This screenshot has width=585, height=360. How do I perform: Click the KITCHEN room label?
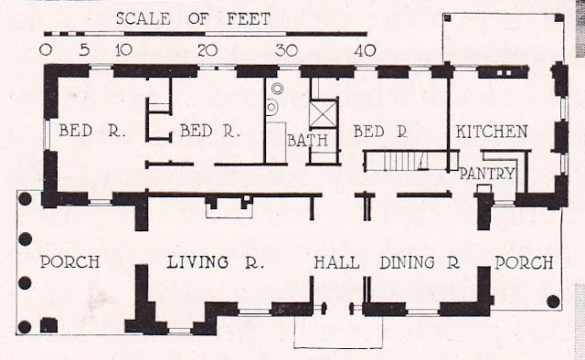[492, 132]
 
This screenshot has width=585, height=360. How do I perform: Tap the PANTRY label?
[487, 174]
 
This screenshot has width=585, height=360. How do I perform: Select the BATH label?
[308, 141]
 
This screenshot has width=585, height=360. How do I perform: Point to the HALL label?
[336, 262]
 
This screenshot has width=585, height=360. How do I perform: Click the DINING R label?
[420, 262]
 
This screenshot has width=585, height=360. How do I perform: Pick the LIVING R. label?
[216, 262]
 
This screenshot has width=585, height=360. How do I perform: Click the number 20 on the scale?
[207, 50]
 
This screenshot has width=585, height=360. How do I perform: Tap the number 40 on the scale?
[365, 50]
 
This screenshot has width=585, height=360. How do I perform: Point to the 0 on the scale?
[46, 50]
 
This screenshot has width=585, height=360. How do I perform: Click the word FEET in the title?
[249, 18]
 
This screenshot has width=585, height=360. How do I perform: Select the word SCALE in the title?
[144, 18]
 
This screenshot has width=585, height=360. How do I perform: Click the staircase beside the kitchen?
[407, 161]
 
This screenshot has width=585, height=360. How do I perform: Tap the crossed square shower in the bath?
[323, 114]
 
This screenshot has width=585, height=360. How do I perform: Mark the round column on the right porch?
[553, 301]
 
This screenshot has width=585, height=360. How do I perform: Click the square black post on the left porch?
[48, 325]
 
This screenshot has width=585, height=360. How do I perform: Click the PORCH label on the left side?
[69, 262]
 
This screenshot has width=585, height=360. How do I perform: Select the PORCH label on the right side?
[524, 262]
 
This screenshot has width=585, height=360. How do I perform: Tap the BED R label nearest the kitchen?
[380, 132]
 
